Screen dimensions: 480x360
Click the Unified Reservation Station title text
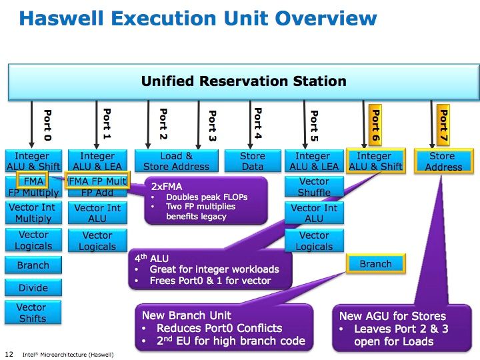pyautogui.click(x=244, y=81)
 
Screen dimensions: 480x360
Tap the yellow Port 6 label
pyautogui.click(x=375, y=125)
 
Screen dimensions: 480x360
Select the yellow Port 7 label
pyautogui.click(x=443, y=125)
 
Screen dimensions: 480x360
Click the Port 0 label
pyautogui.click(x=47, y=125)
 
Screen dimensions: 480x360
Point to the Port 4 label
pyautogui.click(x=258, y=123)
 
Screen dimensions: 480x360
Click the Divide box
pyautogui.click(x=33, y=287)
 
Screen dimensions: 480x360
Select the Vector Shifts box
pyautogui.click(x=33, y=312)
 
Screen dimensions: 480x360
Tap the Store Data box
pyautogui.click(x=253, y=161)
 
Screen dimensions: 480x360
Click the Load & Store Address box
pyautogui.click(x=176, y=161)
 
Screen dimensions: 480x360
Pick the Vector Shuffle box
pyautogui.click(x=314, y=187)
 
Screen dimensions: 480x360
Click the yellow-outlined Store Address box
pyautogui.click(x=443, y=161)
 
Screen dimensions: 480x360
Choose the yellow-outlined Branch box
pyautogui.click(x=375, y=263)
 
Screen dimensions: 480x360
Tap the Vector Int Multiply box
pyautogui.click(x=33, y=213)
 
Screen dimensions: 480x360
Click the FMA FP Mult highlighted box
pyautogui.click(x=97, y=180)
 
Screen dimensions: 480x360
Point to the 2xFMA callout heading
pyautogui.click(x=167, y=187)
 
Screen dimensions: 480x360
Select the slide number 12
pyautogui.click(x=9, y=354)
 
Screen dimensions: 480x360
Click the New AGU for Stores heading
pyautogui.click(x=393, y=316)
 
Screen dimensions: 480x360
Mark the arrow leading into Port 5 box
pyautogui.click(x=305, y=125)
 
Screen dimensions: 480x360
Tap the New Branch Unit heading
pyautogui.click(x=187, y=315)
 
